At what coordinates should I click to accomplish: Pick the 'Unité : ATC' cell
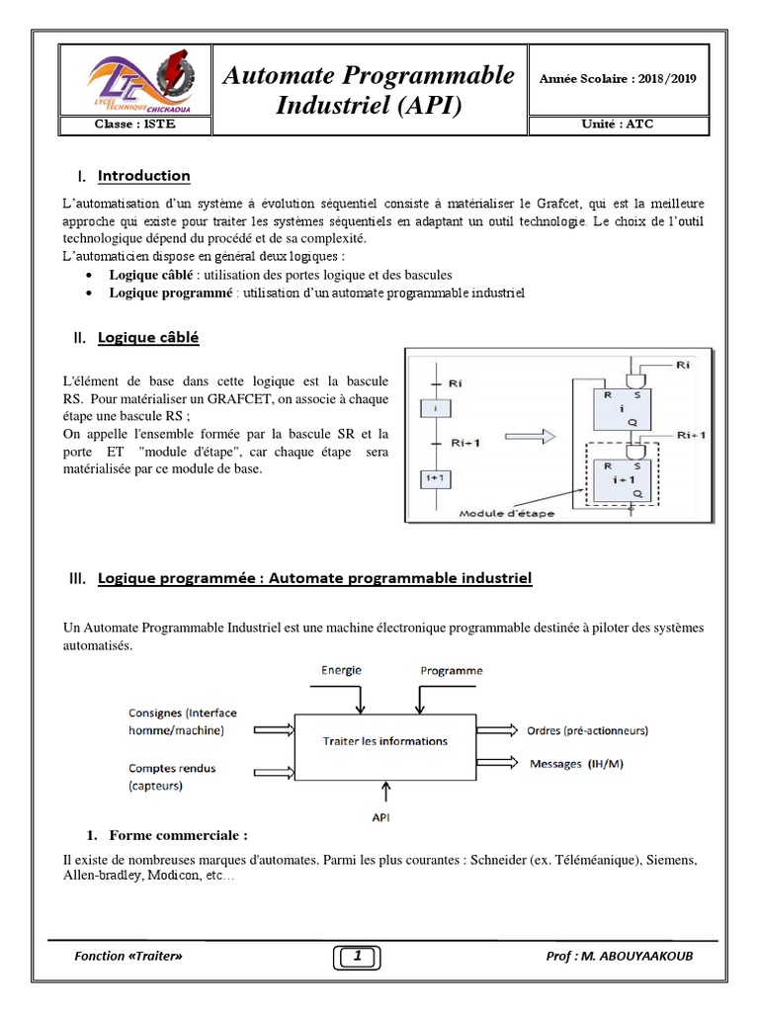pos(617,126)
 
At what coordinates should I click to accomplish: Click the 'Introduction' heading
pos(143,176)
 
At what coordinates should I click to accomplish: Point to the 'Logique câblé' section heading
pos(148,338)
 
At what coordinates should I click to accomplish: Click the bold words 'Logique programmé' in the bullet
pos(170,294)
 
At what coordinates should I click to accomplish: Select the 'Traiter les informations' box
pos(385,741)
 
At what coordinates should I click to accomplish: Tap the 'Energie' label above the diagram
pos(341,670)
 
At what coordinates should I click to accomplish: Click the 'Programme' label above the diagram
pos(452,670)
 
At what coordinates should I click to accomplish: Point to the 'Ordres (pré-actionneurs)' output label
pos(587,730)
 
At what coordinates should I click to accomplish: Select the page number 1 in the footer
pos(356,956)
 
